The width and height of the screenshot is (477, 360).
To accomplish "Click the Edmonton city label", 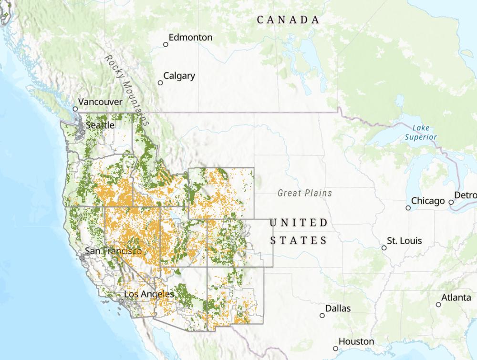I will coord(190,37).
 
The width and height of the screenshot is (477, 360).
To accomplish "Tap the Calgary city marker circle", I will coord(160,82).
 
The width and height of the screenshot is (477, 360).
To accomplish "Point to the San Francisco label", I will coord(113,251).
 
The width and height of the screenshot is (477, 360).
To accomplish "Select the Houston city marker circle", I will coord(335,349).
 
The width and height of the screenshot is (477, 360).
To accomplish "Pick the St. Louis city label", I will coord(404,241).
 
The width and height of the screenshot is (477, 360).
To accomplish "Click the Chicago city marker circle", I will coord(408,207).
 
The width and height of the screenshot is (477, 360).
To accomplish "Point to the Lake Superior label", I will coord(421,132).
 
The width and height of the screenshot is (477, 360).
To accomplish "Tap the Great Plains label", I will coord(305,193).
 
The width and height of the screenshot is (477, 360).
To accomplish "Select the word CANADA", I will coord(288,20).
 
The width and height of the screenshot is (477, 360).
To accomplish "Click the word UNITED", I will coord(299,223).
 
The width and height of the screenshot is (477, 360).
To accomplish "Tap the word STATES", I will coord(299,240).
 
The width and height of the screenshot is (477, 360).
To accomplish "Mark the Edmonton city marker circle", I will coord(166,44).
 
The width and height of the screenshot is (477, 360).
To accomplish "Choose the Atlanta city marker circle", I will coord(438,304).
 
